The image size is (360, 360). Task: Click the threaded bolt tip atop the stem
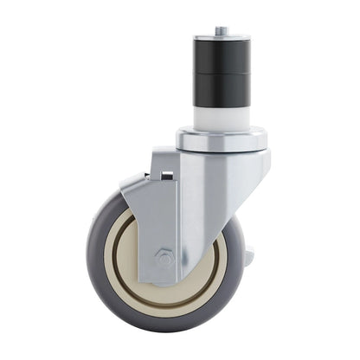222,30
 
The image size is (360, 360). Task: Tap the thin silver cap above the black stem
222,36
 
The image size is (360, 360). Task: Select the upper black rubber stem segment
222,55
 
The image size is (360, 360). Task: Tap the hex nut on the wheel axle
165,258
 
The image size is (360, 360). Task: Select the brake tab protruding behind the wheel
250,257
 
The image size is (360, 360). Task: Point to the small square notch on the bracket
168,177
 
